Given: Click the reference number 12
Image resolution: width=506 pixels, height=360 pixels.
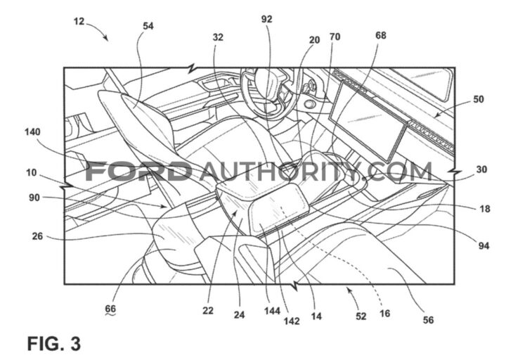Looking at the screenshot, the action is [79, 22].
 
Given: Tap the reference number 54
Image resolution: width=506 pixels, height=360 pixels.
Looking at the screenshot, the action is [148, 26].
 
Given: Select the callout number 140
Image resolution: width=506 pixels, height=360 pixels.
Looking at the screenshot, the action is [32, 131].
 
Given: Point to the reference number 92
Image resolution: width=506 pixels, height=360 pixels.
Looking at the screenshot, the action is [266, 20].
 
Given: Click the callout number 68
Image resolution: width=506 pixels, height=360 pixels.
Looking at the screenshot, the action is [381, 35].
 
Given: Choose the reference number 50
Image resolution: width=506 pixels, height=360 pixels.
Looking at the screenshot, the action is [479, 99].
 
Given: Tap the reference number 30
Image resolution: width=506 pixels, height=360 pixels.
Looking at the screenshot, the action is [481, 169].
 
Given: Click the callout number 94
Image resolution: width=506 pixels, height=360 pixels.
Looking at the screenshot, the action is [484, 246].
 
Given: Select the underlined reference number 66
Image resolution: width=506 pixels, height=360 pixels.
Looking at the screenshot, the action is [110, 309].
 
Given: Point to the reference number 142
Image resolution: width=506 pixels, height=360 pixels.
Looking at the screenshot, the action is [292, 321].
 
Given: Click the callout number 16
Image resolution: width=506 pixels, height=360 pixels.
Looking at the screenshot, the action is [384, 314].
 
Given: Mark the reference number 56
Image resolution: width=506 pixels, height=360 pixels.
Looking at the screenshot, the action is [428, 320].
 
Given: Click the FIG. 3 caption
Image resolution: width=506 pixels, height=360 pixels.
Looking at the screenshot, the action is [54, 344].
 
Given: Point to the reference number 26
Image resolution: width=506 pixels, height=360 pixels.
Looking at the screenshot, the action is [37, 236].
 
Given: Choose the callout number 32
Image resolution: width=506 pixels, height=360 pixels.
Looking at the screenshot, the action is [218, 37].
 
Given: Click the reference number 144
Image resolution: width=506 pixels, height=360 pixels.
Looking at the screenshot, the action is [272, 311].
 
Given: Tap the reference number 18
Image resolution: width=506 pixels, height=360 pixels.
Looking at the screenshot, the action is [485, 209].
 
